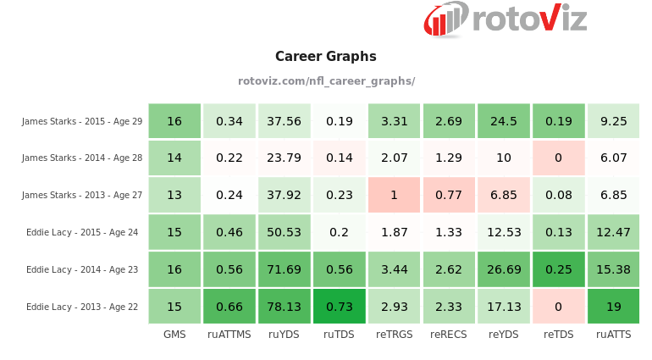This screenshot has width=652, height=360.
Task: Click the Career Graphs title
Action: [x=326, y=57]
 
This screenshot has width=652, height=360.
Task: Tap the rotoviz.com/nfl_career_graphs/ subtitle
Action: [x=326, y=81]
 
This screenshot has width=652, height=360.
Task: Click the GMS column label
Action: [x=174, y=335]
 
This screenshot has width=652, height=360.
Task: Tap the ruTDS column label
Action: [x=339, y=335]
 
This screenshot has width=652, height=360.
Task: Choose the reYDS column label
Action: [x=503, y=335]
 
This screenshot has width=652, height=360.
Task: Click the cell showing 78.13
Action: [x=284, y=307]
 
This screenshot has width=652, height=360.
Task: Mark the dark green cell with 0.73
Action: [x=339, y=307]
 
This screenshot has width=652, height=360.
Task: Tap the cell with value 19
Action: [x=613, y=307]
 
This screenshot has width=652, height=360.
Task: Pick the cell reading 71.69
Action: [x=284, y=269]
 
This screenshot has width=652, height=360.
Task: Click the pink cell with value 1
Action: [x=394, y=195]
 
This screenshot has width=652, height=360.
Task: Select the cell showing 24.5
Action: [x=503, y=121]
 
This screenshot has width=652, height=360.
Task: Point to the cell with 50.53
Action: [x=284, y=233]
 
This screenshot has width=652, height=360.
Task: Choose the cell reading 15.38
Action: [x=613, y=269]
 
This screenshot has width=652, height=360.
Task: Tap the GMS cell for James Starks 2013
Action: [x=174, y=195]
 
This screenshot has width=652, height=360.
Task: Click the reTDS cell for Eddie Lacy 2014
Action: [x=558, y=269]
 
